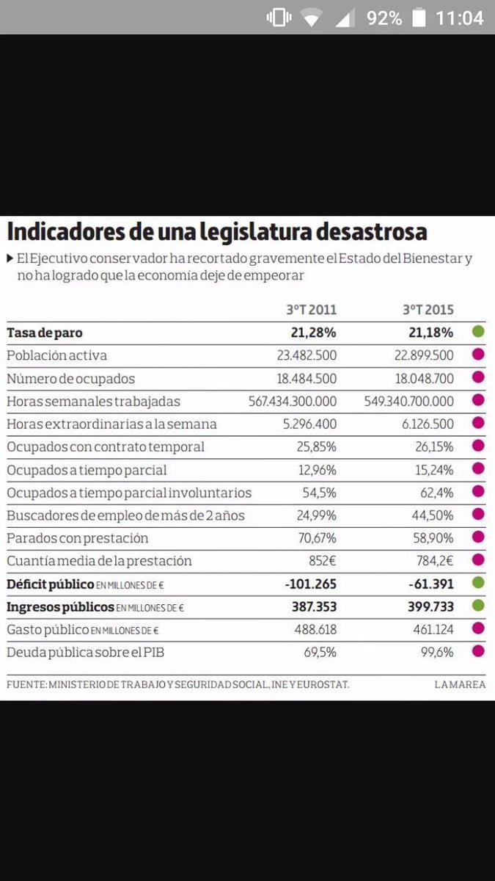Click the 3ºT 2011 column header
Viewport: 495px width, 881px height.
point(311,309)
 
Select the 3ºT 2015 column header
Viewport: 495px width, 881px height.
point(428,309)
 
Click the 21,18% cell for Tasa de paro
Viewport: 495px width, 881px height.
point(430,333)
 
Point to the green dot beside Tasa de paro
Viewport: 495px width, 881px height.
point(478,332)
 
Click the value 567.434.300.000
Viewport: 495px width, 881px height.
point(293,402)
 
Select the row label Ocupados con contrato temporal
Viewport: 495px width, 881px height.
point(106,447)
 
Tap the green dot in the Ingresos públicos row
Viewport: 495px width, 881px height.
point(478,606)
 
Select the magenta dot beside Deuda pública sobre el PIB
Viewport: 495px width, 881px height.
point(478,652)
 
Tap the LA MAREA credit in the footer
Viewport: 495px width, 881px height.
point(459,684)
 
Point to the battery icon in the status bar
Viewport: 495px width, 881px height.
point(418,18)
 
